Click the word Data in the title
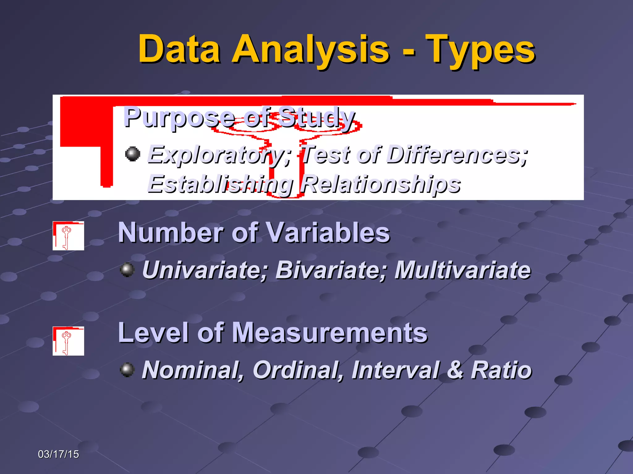click(x=179, y=49)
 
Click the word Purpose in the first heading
click(x=179, y=117)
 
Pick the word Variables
click(x=328, y=233)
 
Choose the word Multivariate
click(x=462, y=270)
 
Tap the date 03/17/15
click(x=58, y=454)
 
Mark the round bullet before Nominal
click(x=127, y=369)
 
